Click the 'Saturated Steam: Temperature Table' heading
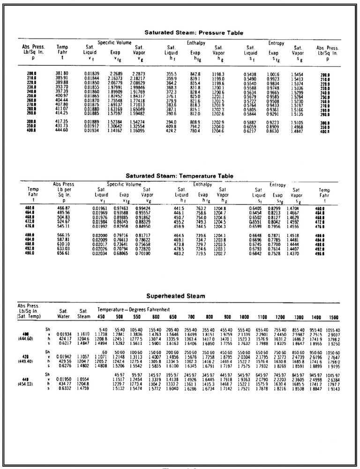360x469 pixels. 180,176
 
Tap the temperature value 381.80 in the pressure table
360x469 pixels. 62,74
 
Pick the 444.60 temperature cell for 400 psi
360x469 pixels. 62,130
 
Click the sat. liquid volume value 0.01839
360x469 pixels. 92,74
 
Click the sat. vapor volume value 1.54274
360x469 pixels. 137,122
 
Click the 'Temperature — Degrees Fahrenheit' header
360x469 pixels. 133,310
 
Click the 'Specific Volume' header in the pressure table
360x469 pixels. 114,43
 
